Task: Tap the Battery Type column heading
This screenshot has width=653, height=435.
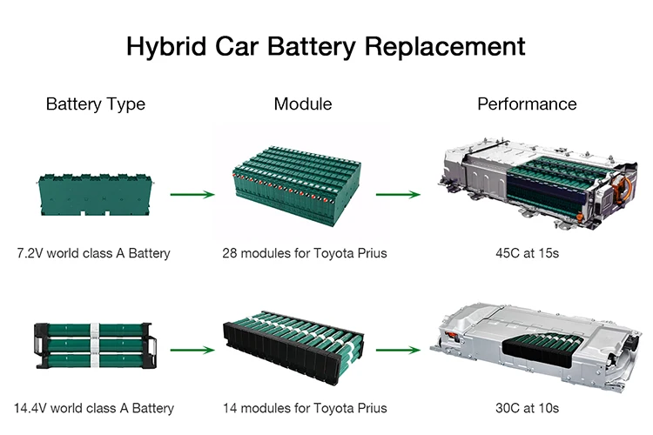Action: pyautogui.click(x=96, y=104)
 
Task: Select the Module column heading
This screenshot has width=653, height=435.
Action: pyautogui.click(x=303, y=104)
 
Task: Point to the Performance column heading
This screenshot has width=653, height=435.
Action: pyautogui.click(x=527, y=104)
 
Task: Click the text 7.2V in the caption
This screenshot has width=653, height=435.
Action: pyautogui.click(x=31, y=254)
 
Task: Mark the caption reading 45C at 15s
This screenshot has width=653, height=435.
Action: pyautogui.click(x=527, y=254)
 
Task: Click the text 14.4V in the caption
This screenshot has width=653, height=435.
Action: pyautogui.click(x=31, y=408)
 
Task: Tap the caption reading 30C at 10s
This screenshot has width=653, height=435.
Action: pyautogui.click(x=527, y=408)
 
